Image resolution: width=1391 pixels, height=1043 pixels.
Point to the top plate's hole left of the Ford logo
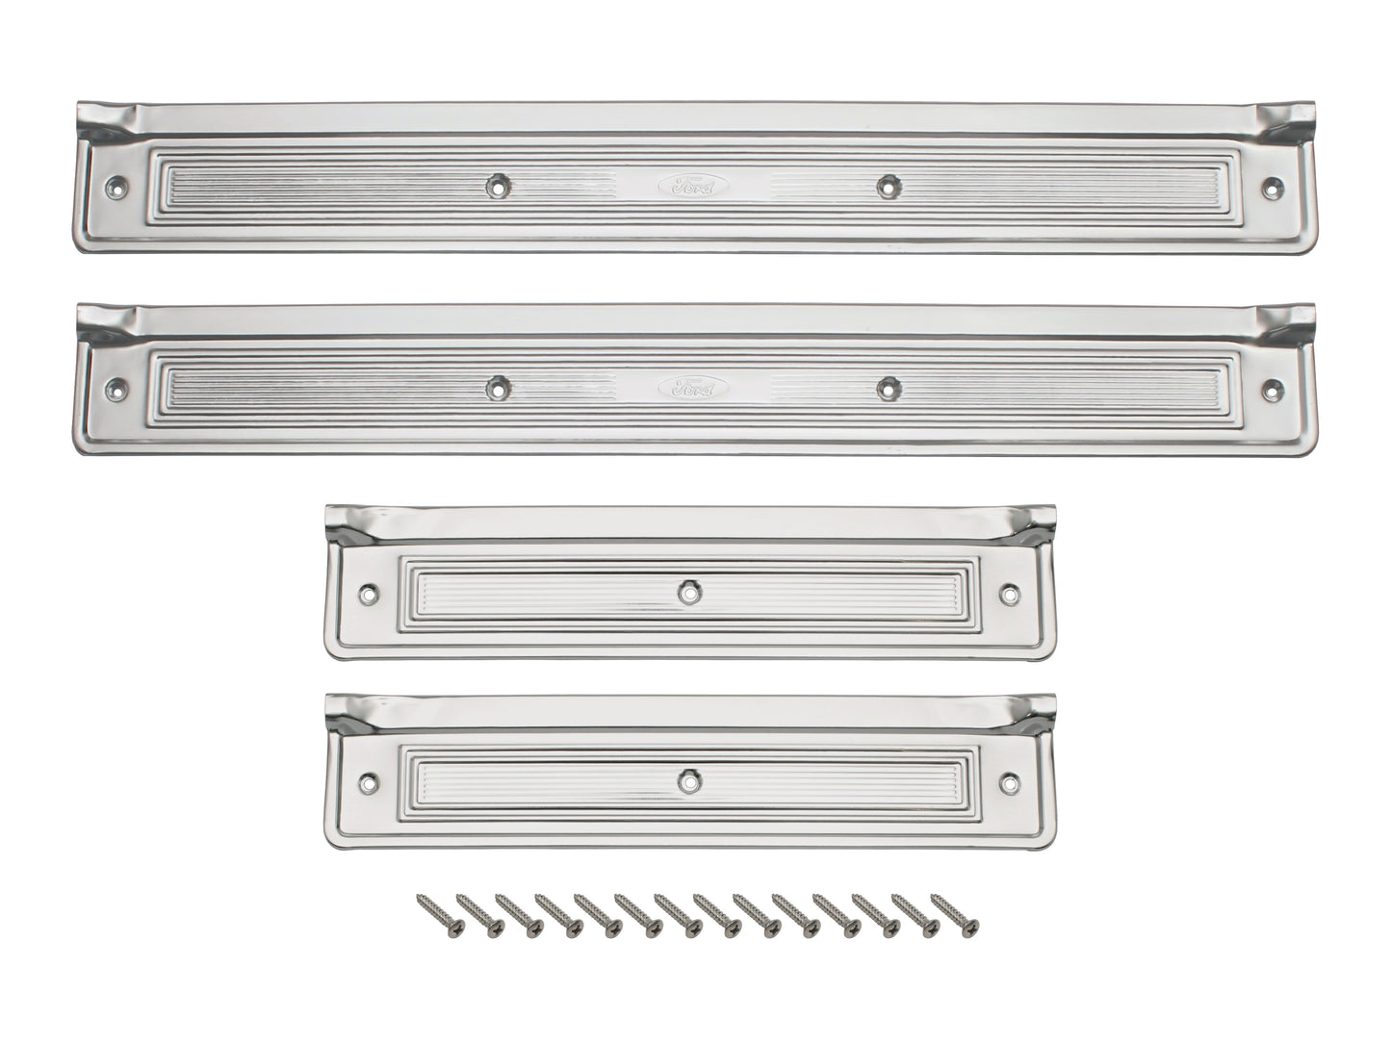pos(497,183)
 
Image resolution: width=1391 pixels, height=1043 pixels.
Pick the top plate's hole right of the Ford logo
pos(885,185)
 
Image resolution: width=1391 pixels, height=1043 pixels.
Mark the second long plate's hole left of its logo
pos(497,387)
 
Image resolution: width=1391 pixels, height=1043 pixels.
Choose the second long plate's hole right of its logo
pos(885,388)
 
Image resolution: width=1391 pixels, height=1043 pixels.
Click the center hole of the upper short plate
pos(686,593)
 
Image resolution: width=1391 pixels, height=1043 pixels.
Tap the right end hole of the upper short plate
pos(1010,595)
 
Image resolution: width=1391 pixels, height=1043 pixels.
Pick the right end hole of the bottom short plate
pos(1010,782)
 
